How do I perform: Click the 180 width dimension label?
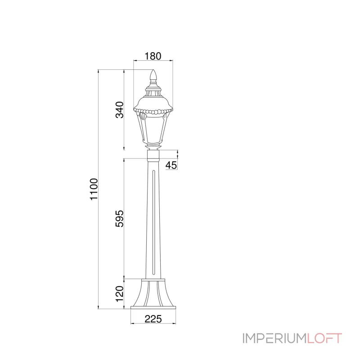[x=153, y=56]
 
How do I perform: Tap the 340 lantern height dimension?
[x=119, y=110]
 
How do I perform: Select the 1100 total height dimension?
[x=94, y=189]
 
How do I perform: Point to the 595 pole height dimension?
[x=119, y=218]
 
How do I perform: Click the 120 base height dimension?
[x=119, y=294]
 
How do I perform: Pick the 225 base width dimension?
[x=153, y=319]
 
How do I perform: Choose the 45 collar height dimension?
[x=171, y=165]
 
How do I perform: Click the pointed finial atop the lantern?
[x=153, y=76]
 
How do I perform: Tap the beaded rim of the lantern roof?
[x=153, y=112]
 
